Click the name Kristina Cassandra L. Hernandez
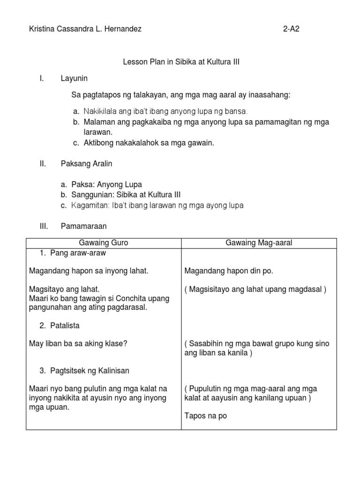click(85, 29)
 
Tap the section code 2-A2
click(291, 29)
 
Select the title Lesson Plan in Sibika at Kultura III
click(181, 62)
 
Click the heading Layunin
click(74, 78)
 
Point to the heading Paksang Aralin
click(86, 164)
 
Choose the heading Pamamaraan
click(84, 226)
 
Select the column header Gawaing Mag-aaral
click(259, 243)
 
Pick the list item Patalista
click(69, 325)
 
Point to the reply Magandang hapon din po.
click(229, 271)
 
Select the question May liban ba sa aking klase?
click(78, 344)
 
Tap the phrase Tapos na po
click(206, 416)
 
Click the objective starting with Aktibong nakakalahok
click(149, 143)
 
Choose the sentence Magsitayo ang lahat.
click(64, 289)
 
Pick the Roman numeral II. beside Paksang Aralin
click(43, 164)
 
